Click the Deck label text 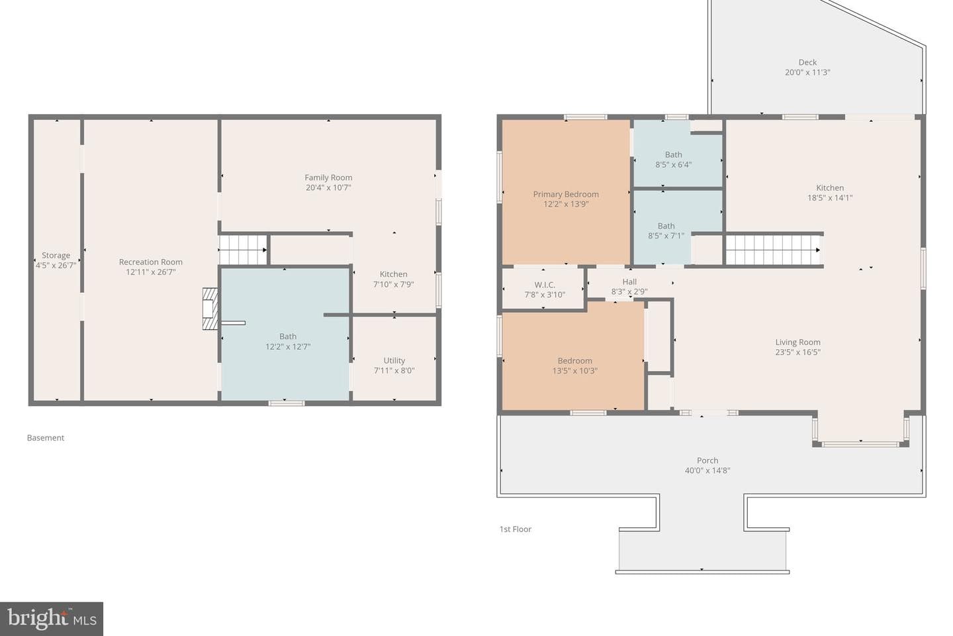coord(807,63)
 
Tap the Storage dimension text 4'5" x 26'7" coord(56,266)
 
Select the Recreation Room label coord(151,262)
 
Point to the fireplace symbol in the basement coord(210,309)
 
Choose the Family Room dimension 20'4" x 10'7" coord(328,187)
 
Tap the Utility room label coord(394,360)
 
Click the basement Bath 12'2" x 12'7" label coord(288,342)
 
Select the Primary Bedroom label coord(566,194)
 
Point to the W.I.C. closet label coord(545,285)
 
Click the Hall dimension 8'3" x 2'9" coord(629,291)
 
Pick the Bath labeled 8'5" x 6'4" coord(674,160)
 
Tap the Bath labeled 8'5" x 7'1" coord(666,231)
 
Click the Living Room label coord(797,342)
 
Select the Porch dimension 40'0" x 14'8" coord(707,471)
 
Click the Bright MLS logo coord(52,619)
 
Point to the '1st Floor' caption coord(516,529)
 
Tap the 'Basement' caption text coord(46,438)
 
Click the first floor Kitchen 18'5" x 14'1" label coord(830,193)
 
